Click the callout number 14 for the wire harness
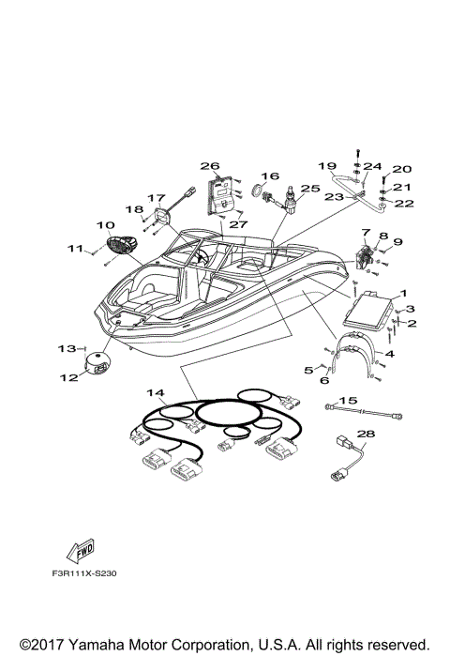coord(156,393)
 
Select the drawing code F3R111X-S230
coord(84,573)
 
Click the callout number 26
coord(210,166)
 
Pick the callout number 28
coord(366,434)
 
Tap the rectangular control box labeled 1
coord(367,310)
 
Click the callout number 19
coord(327,166)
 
